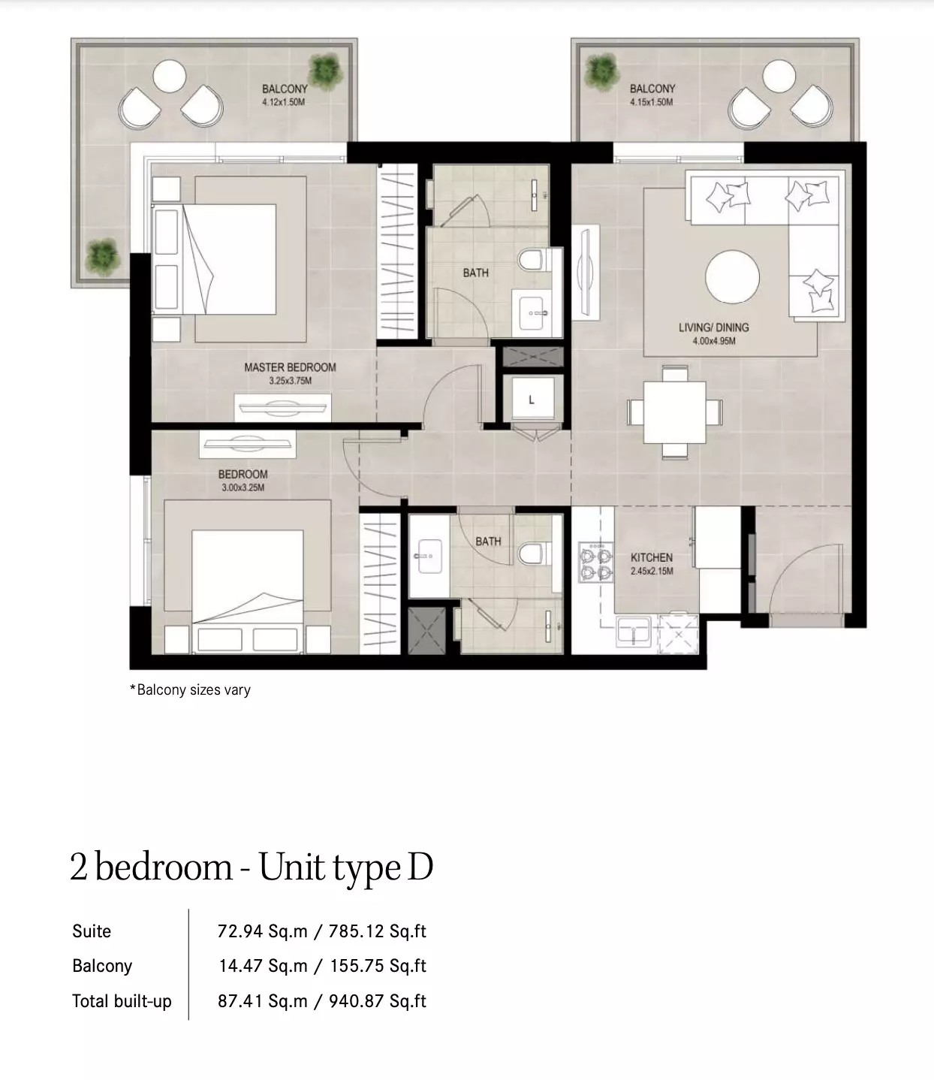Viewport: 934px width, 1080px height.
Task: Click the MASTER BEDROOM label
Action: pyautogui.click(x=290, y=367)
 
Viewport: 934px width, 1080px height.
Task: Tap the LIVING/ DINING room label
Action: pyautogui.click(x=713, y=327)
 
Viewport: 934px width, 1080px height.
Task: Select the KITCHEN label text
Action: pyautogui.click(x=652, y=557)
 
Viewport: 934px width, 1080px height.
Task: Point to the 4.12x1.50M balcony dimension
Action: pyautogui.click(x=284, y=102)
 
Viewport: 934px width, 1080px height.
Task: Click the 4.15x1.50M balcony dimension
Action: pyautogui.click(x=652, y=102)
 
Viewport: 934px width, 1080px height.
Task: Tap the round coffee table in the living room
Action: pyautogui.click(x=732, y=276)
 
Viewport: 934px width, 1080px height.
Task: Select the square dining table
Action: pyautogui.click(x=674, y=412)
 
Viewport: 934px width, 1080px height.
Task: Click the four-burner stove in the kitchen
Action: pyautogui.click(x=596, y=563)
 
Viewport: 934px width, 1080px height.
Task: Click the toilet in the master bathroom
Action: pyautogui.click(x=532, y=260)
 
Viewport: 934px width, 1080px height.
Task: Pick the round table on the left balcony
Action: pyautogui.click(x=169, y=76)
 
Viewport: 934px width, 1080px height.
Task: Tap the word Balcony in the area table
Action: pyautogui.click(x=102, y=966)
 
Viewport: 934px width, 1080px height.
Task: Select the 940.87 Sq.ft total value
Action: pyautogui.click(x=377, y=1000)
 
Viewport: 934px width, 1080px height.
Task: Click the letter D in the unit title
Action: pyautogui.click(x=420, y=867)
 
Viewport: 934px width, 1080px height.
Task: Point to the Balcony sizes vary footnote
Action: pyautogui.click(x=190, y=689)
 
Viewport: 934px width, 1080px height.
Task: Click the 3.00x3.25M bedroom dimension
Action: pyautogui.click(x=243, y=487)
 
